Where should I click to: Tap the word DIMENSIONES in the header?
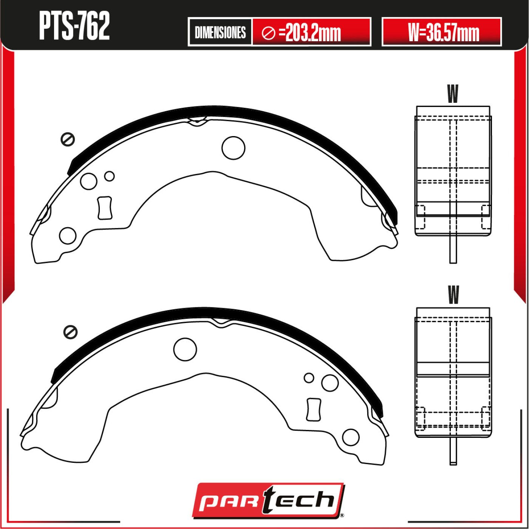pyautogui.click(x=220, y=33)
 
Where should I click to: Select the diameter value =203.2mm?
pyautogui.click(x=313, y=33)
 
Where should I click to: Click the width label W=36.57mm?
pyautogui.click(x=443, y=33)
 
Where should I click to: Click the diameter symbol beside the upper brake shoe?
pyautogui.click(x=68, y=139)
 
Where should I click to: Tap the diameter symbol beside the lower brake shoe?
pyautogui.click(x=70, y=332)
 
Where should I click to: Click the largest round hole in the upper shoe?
pyautogui.click(x=233, y=147)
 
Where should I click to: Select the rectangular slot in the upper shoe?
pyautogui.click(x=105, y=208)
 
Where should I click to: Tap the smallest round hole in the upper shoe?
pyautogui.click(x=110, y=176)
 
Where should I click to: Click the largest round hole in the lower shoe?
pyautogui.click(x=185, y=349)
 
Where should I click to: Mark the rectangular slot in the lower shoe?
pyautogui.click(x=313, y=409)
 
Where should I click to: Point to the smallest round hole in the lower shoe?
pyautogui.click(x=309, y=378)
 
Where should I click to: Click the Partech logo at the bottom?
pyautogui.click(x=268, y=500)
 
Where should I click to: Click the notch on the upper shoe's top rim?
pyautogui.click(x=197, y=122)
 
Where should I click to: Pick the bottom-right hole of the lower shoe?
pyautogui.click(x=350, y=437)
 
